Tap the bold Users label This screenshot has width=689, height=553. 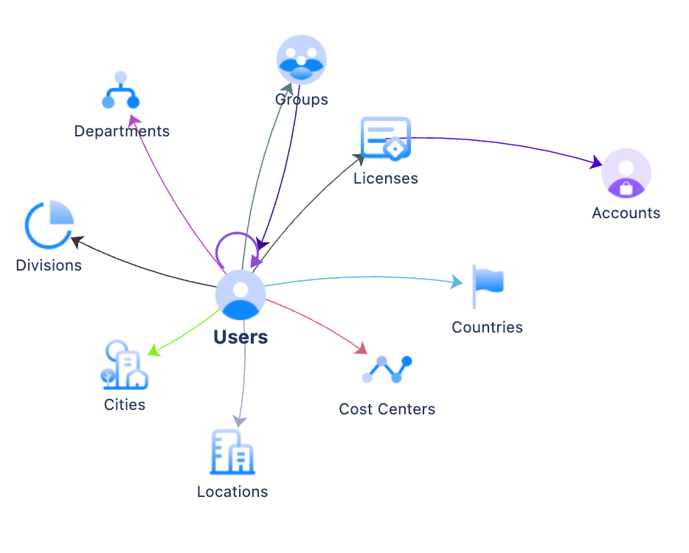tap(240, 338)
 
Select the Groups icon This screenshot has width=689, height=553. tap(301, 60)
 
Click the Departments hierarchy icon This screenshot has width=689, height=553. tap(121, 91)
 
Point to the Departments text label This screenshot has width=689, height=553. tap(122, 131)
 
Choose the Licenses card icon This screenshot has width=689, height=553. tap(385, 138)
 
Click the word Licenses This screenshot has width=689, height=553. tap(386, 178)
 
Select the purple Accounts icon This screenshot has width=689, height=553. tap(626, 174)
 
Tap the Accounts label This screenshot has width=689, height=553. tap(626, 213)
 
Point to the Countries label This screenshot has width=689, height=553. tap(487, 327)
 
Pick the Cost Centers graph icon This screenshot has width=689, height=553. tap(387, 369)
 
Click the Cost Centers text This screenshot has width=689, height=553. tap(387, 409)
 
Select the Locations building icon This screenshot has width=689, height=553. tap(232, 452)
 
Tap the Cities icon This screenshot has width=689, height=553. tap(124, 365)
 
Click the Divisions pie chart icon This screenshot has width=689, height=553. tap(49, 224)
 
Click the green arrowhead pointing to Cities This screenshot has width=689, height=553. tap(153, 351)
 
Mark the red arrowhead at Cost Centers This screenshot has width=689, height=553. tap(361, 348)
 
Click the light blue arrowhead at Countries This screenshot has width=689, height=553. tap(457, 282)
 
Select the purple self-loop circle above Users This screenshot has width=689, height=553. tap(235, 246)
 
